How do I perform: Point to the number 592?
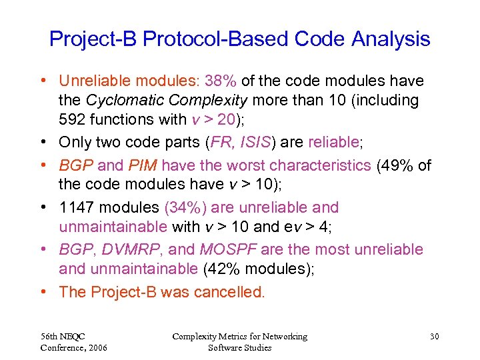pyautogui.click(x=73, y=121)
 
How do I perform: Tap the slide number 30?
pyautogui.click(x=434, y=337)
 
